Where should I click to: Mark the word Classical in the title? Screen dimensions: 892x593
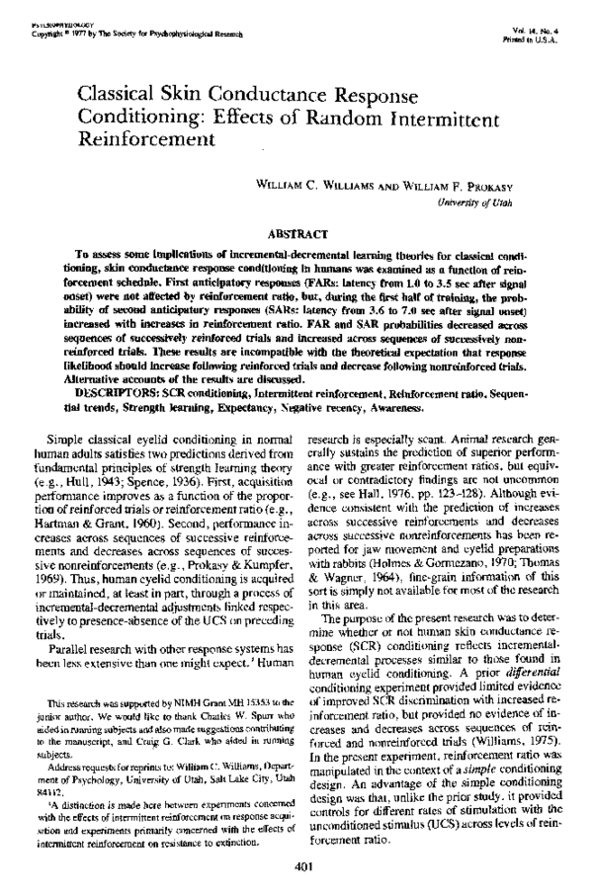tap(117, 93)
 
